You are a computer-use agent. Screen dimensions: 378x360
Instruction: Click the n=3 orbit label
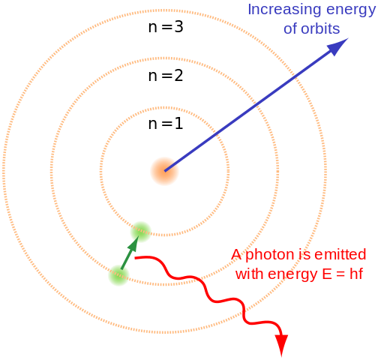(x=166, y=27)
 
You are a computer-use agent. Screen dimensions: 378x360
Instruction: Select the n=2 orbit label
(x=166, y=76)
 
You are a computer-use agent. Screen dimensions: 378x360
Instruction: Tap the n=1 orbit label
(x=166, y=124)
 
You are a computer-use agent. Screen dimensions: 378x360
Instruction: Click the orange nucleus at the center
(x=164, y=171)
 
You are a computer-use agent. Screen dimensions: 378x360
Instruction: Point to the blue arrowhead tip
(x=348, y=38)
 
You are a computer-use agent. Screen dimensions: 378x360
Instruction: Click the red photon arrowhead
(x=281, y=346)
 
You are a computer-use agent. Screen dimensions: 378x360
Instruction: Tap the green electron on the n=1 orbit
(x=141, y=232)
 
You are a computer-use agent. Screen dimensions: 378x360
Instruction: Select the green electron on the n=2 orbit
(x=118, y=276)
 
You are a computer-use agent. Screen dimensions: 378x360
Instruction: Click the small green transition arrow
(x=130, y=253)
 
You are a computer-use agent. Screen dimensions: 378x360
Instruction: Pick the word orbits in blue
(x=320, y=28)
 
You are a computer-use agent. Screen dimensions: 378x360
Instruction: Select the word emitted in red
(x=340, y=254)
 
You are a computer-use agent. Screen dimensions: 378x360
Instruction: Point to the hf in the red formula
(x=356, y=274)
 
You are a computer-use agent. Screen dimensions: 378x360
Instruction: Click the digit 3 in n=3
(x=178, y=27)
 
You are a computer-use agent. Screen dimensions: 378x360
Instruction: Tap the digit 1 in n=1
(x=179, y=124)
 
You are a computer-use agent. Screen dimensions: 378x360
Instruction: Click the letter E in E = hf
(x=327, y=274)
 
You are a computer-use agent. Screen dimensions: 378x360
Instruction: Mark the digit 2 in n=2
(x=178, y=76)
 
